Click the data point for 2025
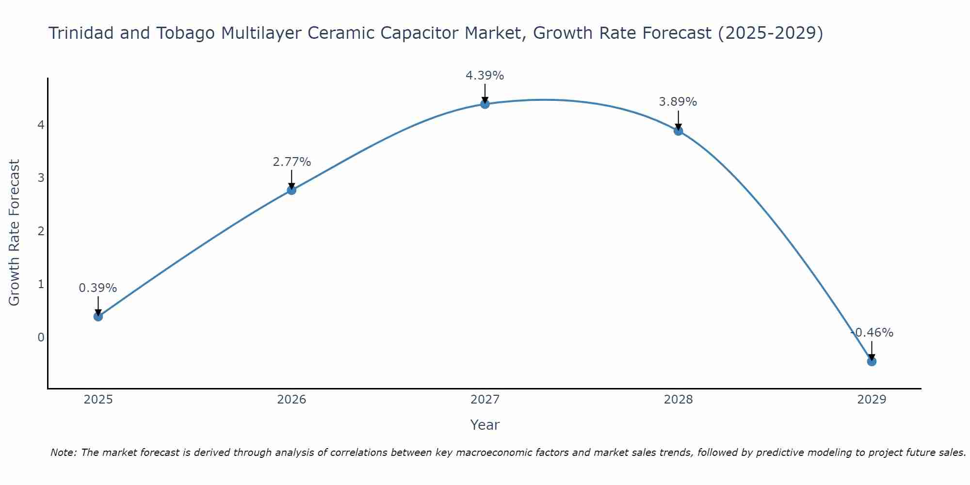98,317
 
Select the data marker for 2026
291,190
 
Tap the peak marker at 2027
485,104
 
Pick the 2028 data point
678,131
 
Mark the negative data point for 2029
872,361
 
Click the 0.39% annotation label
98,288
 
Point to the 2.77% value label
291,162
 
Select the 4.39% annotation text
485,76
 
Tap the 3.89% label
678,102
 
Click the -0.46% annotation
872,333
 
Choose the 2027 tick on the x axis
485,400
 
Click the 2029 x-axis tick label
872,400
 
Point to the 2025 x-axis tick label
98,400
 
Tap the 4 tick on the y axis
41,125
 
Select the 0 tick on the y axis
41,337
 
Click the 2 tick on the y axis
41,231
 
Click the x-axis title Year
485,425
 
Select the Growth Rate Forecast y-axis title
15,233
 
